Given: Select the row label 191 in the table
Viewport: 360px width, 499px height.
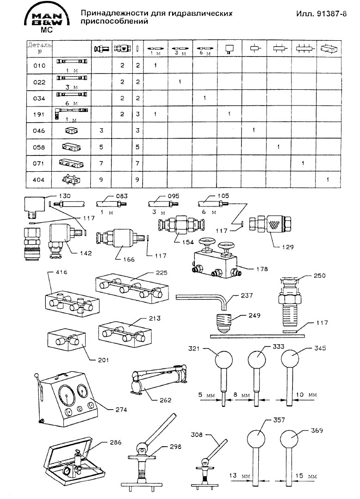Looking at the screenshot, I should pyautogui.click(x=40, y=113).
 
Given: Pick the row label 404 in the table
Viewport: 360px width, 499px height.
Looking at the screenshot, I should pyautogui.click(x=40, y=179).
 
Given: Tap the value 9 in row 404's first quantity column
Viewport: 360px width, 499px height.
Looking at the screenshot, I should pyautogui.click(x=101, y=179).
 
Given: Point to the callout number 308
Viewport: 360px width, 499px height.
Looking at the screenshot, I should pyautogui.click(x=197, y=435).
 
